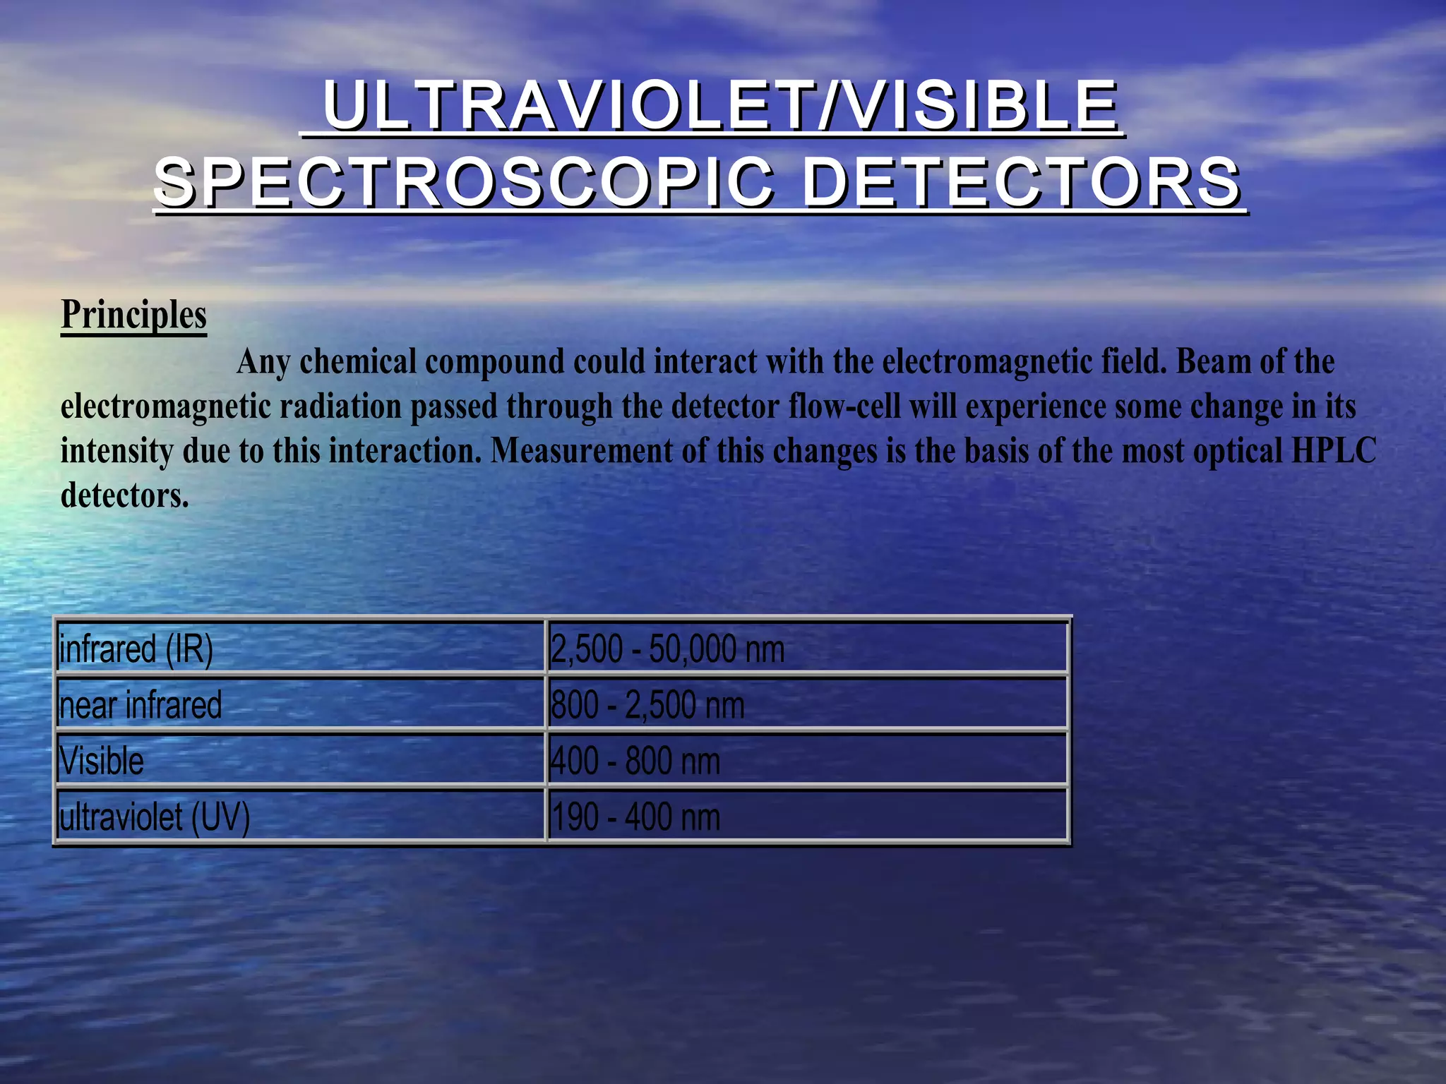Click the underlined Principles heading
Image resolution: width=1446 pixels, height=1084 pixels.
pyautogui.click(x=133, y=315)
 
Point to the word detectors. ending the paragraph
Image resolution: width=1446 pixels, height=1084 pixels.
pyautogui.click(x=125, y=495)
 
